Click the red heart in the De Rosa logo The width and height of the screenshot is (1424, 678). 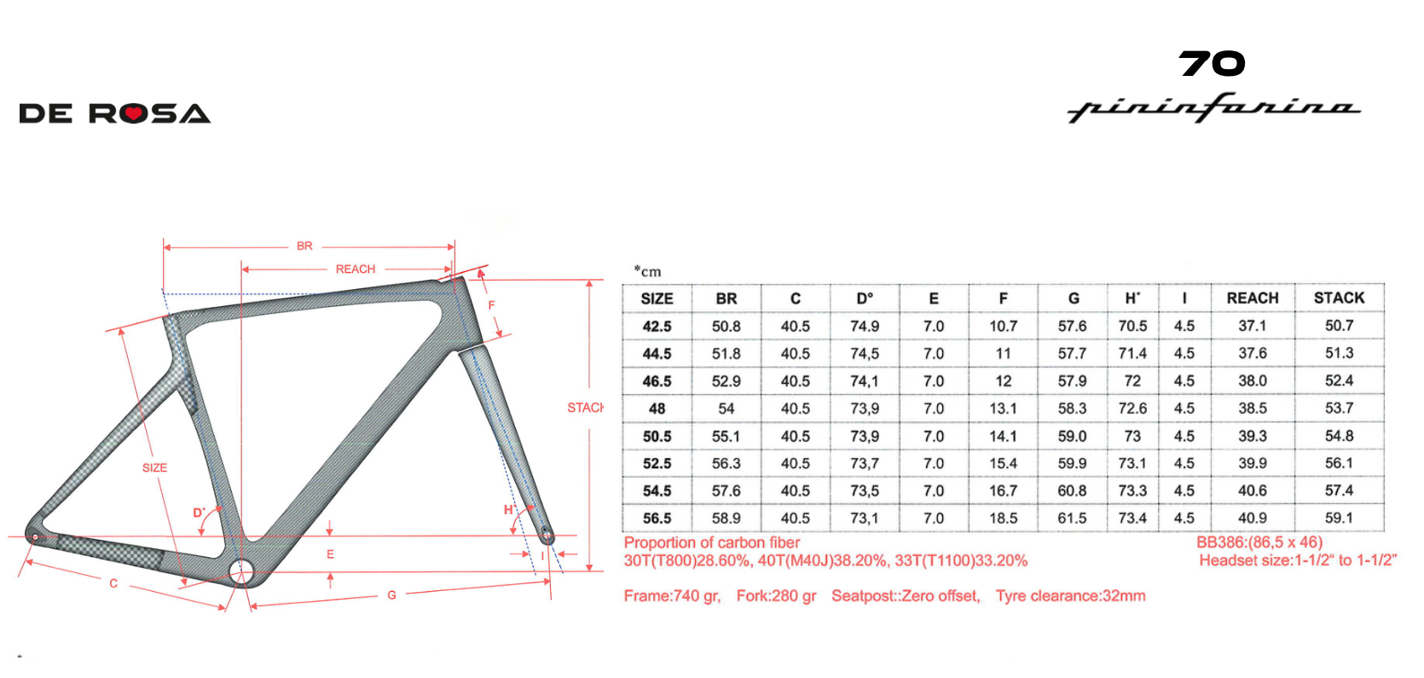point(132,114)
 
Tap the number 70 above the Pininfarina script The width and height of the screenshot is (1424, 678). point(1212,64)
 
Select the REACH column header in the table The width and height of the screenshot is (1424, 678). point(1252,298)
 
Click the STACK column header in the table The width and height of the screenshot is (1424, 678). point(1339,298)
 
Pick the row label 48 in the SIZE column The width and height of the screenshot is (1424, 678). point(657,409)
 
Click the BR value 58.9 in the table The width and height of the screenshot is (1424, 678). point(726,519)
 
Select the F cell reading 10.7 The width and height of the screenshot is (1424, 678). point(1003,326)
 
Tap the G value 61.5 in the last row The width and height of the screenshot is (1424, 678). point(1072,519)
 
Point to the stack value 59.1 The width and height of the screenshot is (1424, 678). point(1339,518)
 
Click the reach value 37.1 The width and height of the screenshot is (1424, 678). point(1252,326)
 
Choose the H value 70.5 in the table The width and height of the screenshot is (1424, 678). point(1132,326)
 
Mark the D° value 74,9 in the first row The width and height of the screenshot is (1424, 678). point(865,326)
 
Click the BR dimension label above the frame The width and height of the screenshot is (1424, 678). point(304,246)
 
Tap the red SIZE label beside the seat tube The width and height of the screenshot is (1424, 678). point(154,468)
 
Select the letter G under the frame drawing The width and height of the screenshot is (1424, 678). point(391,595)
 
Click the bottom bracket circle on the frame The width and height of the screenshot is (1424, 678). point(241,571)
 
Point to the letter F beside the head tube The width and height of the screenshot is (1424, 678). point(491,305)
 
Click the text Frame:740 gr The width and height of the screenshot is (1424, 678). point(672,596)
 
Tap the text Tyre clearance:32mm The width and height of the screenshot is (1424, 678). point(1070,596)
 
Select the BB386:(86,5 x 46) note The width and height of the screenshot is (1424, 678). point(1259,542)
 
